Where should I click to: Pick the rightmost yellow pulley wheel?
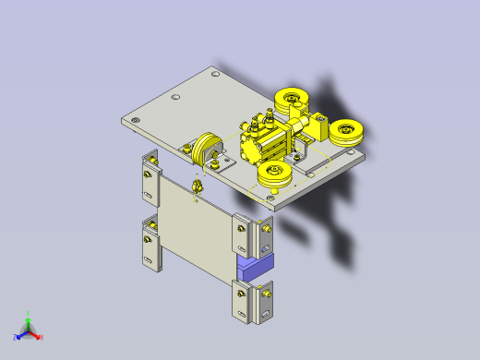coord(349,133)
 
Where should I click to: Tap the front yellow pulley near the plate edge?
coord(275,175)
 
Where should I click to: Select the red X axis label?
coord(41,336)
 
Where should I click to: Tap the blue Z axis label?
coord(16,337)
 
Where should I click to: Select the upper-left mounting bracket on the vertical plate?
coord(149,180)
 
